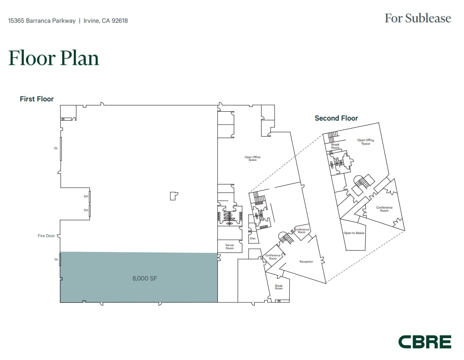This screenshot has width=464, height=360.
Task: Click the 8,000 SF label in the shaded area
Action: coord(144,278)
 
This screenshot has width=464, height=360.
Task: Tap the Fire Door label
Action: coord(46,236)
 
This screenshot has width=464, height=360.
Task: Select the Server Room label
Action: coord(229,247)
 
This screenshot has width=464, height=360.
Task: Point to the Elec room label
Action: coord(253,239)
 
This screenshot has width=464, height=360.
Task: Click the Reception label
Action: coord(306,262)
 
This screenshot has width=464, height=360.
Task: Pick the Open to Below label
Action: coord(354,233)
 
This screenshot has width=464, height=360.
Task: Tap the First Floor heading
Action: coord(37,99)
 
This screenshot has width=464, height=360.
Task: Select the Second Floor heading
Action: coord(336,118)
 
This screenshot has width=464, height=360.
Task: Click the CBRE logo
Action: coord(425,342)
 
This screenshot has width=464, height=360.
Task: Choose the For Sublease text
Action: coord(418,18)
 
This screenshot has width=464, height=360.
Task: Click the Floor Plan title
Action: coord(54,59)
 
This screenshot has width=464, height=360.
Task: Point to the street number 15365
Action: coord(17,21)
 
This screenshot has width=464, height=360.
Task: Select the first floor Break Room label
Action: coord(278,287)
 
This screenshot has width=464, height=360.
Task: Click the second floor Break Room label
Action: coord(335,146)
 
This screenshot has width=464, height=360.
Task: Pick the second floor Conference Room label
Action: coord(384,209)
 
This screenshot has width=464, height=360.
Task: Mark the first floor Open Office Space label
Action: coord(252,159)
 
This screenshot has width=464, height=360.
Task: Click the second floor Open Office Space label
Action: coord(365,142)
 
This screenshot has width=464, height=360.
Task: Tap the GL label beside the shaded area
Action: coord(56,259)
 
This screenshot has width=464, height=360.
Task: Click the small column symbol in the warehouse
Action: coord(173,196)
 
